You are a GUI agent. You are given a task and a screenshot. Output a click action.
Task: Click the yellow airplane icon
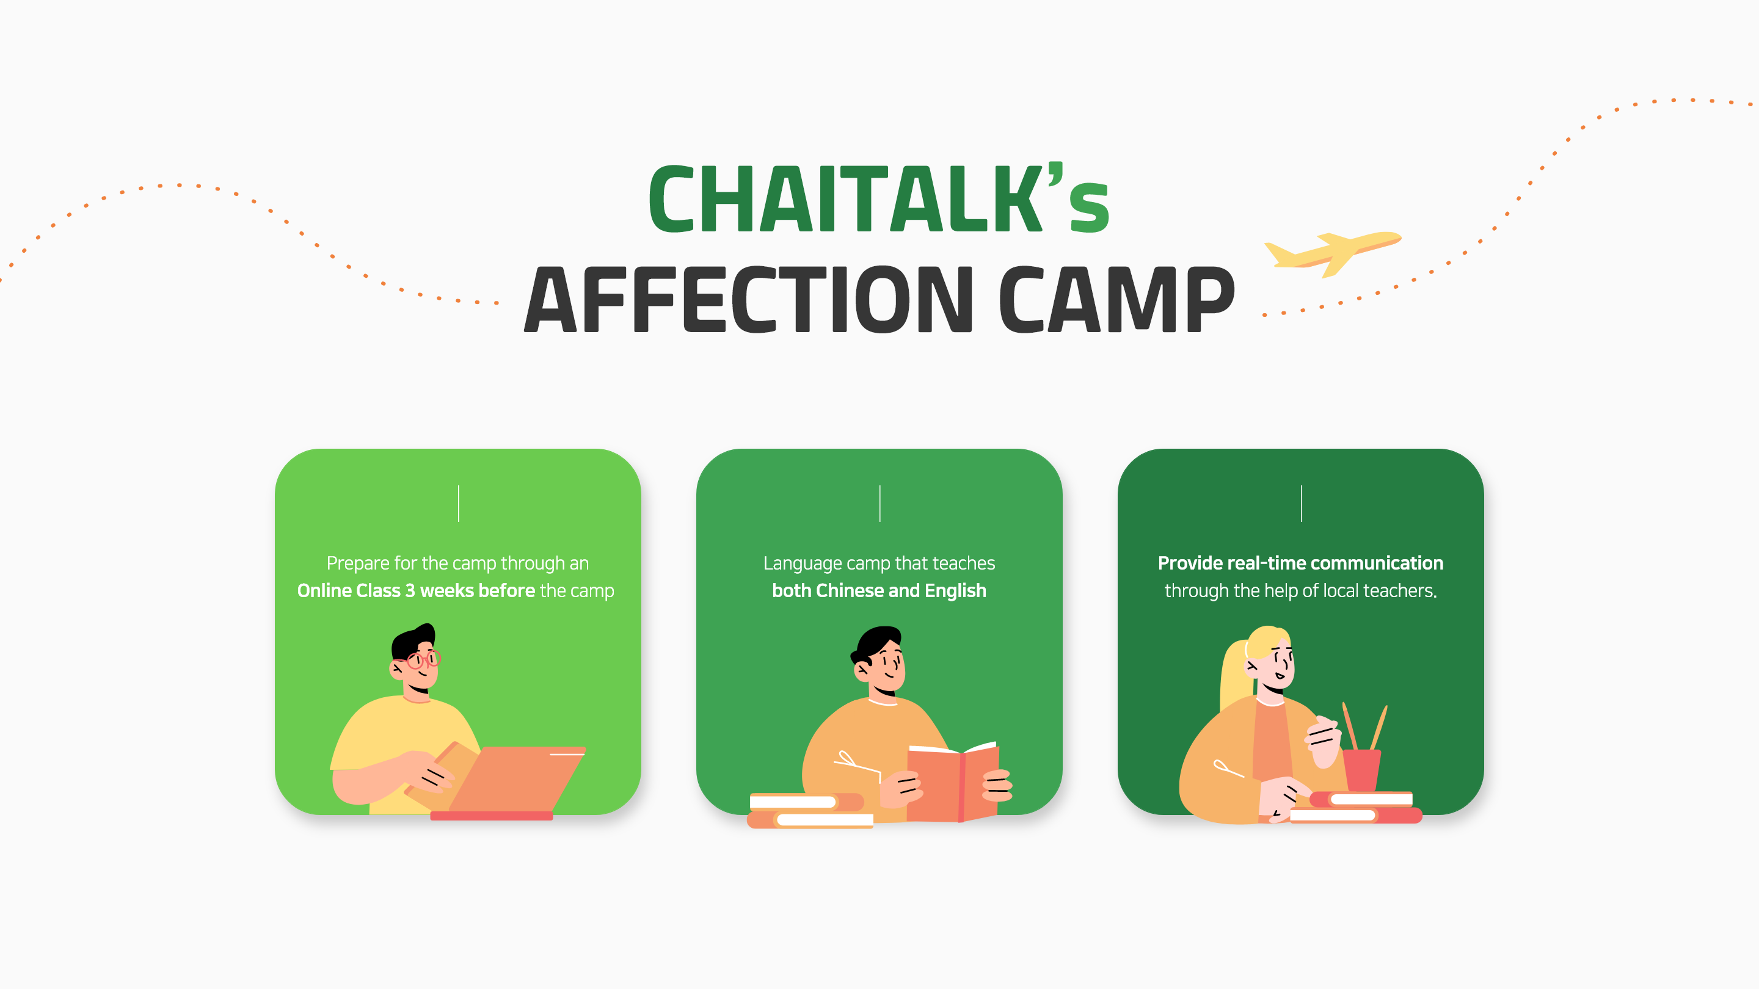click(1331, 253)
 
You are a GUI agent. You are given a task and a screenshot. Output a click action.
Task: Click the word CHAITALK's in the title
click(879, 198)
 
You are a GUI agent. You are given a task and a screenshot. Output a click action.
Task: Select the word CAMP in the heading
click(1117, 299)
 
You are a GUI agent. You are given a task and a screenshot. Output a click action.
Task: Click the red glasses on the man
click(423, 659)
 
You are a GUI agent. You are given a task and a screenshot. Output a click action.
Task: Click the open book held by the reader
click(953, 781)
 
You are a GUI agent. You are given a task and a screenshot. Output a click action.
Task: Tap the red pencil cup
click(1361, 770)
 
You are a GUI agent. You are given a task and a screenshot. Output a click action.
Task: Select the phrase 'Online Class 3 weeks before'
click(416, 590)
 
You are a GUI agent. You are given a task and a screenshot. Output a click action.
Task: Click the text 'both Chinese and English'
click(879, 590)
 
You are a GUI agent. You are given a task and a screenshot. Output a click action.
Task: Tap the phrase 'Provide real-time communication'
click(1300, 563)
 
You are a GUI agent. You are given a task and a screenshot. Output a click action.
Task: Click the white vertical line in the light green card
click(458, 504)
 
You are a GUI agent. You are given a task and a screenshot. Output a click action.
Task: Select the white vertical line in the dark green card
click(1302, 504)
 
